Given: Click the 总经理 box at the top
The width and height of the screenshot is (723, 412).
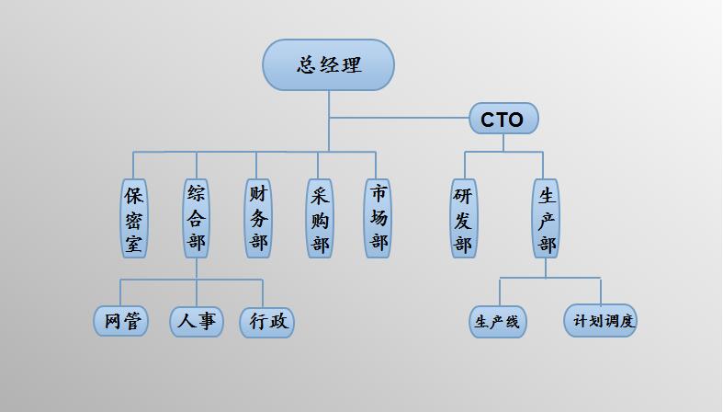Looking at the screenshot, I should (x=328, y=65).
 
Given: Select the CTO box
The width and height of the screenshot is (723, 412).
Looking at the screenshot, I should (x=503, y=120).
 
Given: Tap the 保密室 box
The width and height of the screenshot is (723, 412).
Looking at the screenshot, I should (x=134, y=219).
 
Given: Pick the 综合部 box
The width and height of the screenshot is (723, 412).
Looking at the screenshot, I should (x=196, y=219).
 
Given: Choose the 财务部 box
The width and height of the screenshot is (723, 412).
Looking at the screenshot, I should (x=258, y=219).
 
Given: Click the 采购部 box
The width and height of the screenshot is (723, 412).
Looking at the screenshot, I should (x=320, y=219).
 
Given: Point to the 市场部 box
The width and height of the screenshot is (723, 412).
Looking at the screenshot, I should (x=378, y=219).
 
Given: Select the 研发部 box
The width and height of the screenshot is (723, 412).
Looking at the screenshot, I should (x=464, y=219).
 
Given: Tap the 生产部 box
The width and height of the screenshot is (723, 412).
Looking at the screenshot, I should (x=546, y=219).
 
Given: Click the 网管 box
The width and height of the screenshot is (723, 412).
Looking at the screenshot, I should (x=121, y=321).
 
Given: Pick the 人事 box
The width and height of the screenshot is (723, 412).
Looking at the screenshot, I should (x=197, y=321).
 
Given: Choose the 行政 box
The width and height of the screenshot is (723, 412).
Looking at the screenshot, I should (x=267, y=322).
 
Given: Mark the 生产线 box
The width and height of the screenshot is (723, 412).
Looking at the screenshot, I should (x=497, y=322).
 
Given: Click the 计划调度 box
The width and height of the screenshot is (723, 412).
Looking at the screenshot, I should (x=600, y=321).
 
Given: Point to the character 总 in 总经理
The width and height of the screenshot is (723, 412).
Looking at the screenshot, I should (x=307, y=65).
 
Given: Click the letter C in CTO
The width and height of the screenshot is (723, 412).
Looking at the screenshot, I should (x=487, y=120).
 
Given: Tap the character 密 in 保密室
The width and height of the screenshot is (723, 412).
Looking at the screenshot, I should (x=134, y=220).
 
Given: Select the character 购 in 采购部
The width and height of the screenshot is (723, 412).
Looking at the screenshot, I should (x=320, y=221).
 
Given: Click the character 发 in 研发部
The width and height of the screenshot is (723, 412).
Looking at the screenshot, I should (x=464, y=221).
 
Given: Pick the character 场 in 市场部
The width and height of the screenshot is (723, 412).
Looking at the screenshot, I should (x=378, y=219).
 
